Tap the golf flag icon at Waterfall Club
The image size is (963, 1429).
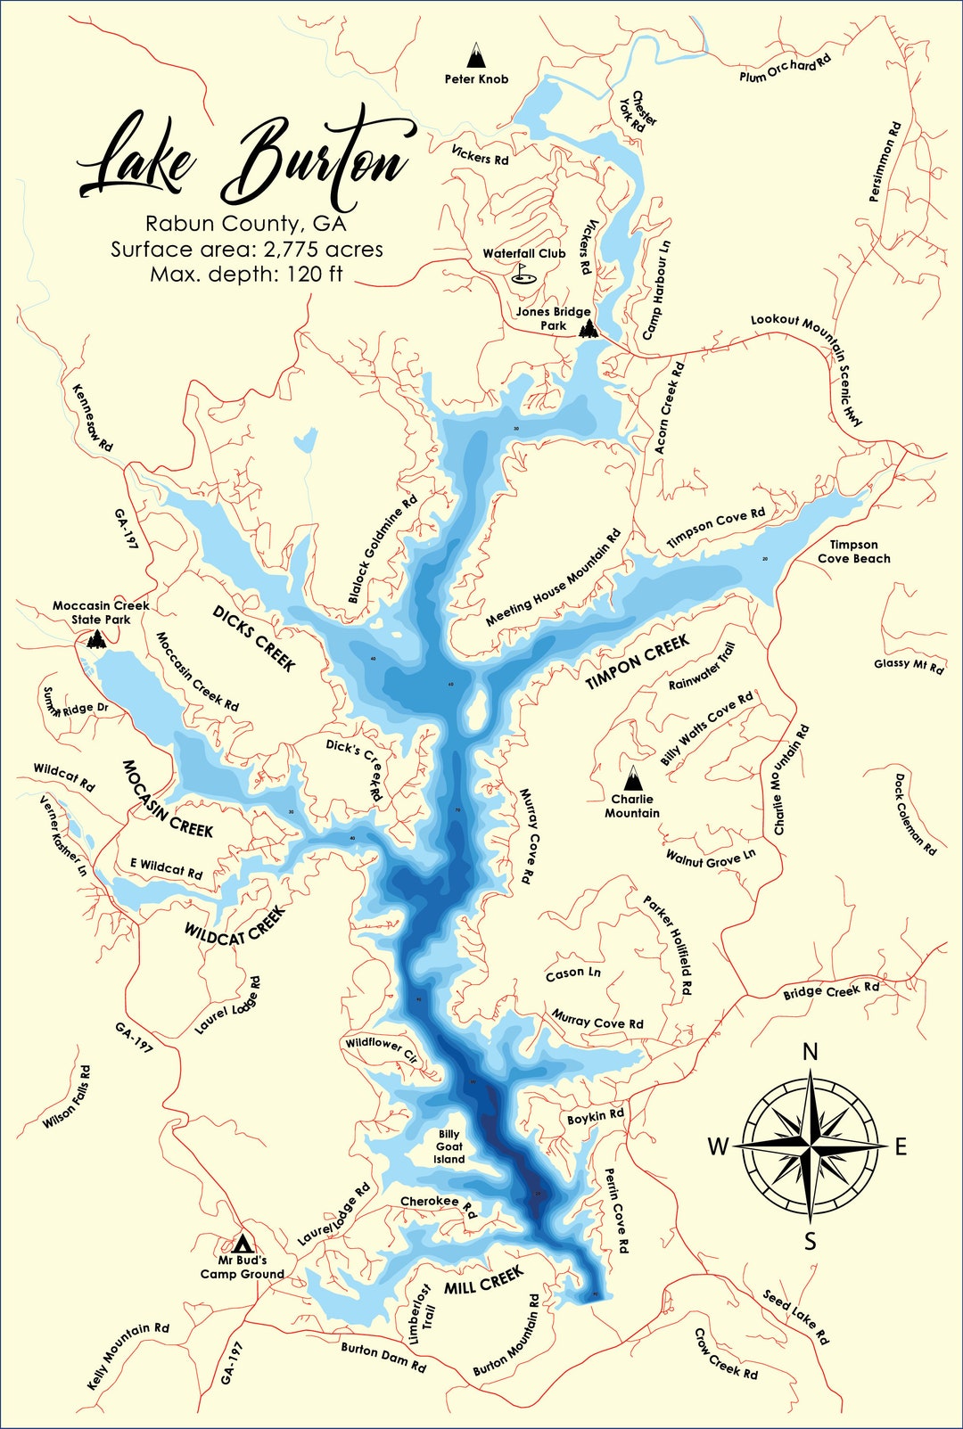click(523, 274)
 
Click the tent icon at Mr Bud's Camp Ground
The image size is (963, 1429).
click(242, 1243)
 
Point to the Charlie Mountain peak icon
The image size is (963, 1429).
click(632, 778)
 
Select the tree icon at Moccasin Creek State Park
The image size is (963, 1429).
click(96, 638)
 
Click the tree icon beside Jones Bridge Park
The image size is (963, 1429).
click(588, 329)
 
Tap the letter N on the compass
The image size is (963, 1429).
click(810, 1052)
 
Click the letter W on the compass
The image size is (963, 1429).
click(718, 1147)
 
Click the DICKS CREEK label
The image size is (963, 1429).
click(254, 637)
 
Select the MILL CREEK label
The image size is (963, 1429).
click(483, 1281)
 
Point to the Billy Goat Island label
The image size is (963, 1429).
click(449, 1146)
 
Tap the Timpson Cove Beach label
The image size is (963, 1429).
click(853, 552)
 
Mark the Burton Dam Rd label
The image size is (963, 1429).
click(383, 1356)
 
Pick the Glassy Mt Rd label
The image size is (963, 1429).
click(908, 665)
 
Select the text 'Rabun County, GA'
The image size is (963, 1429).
click(245, 224)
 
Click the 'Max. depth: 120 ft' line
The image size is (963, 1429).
click(245, 274)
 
